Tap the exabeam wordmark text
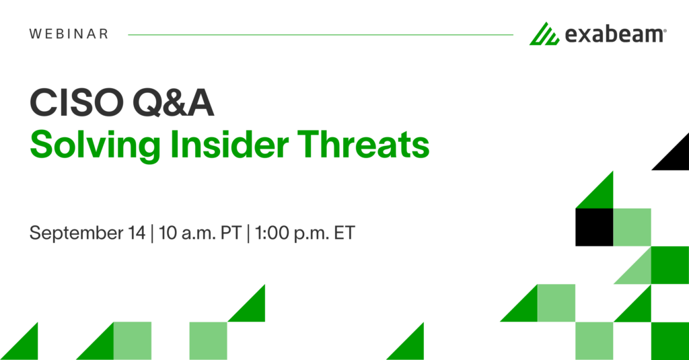[x=614, y=34]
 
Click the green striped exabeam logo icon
[x=544, y=34]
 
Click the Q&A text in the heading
[x=171, y=104]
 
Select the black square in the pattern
[x=594, y=227]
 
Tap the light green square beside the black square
[x=632, y=227]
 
